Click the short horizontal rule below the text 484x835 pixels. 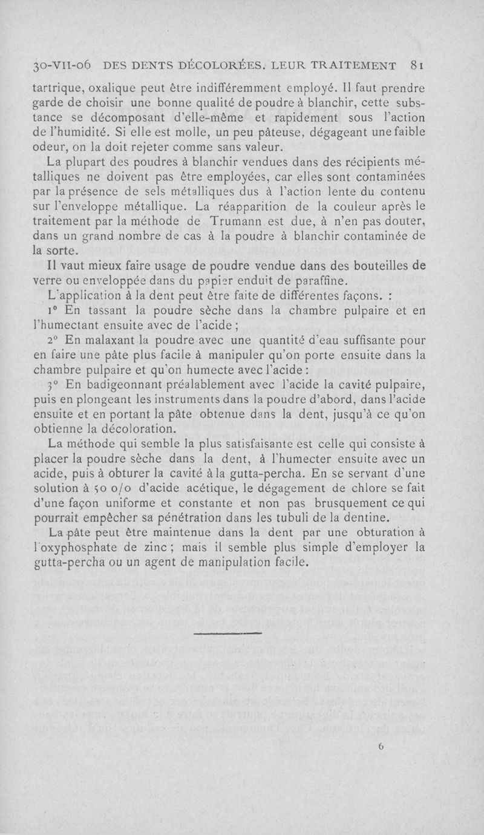(x=228, y=634)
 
